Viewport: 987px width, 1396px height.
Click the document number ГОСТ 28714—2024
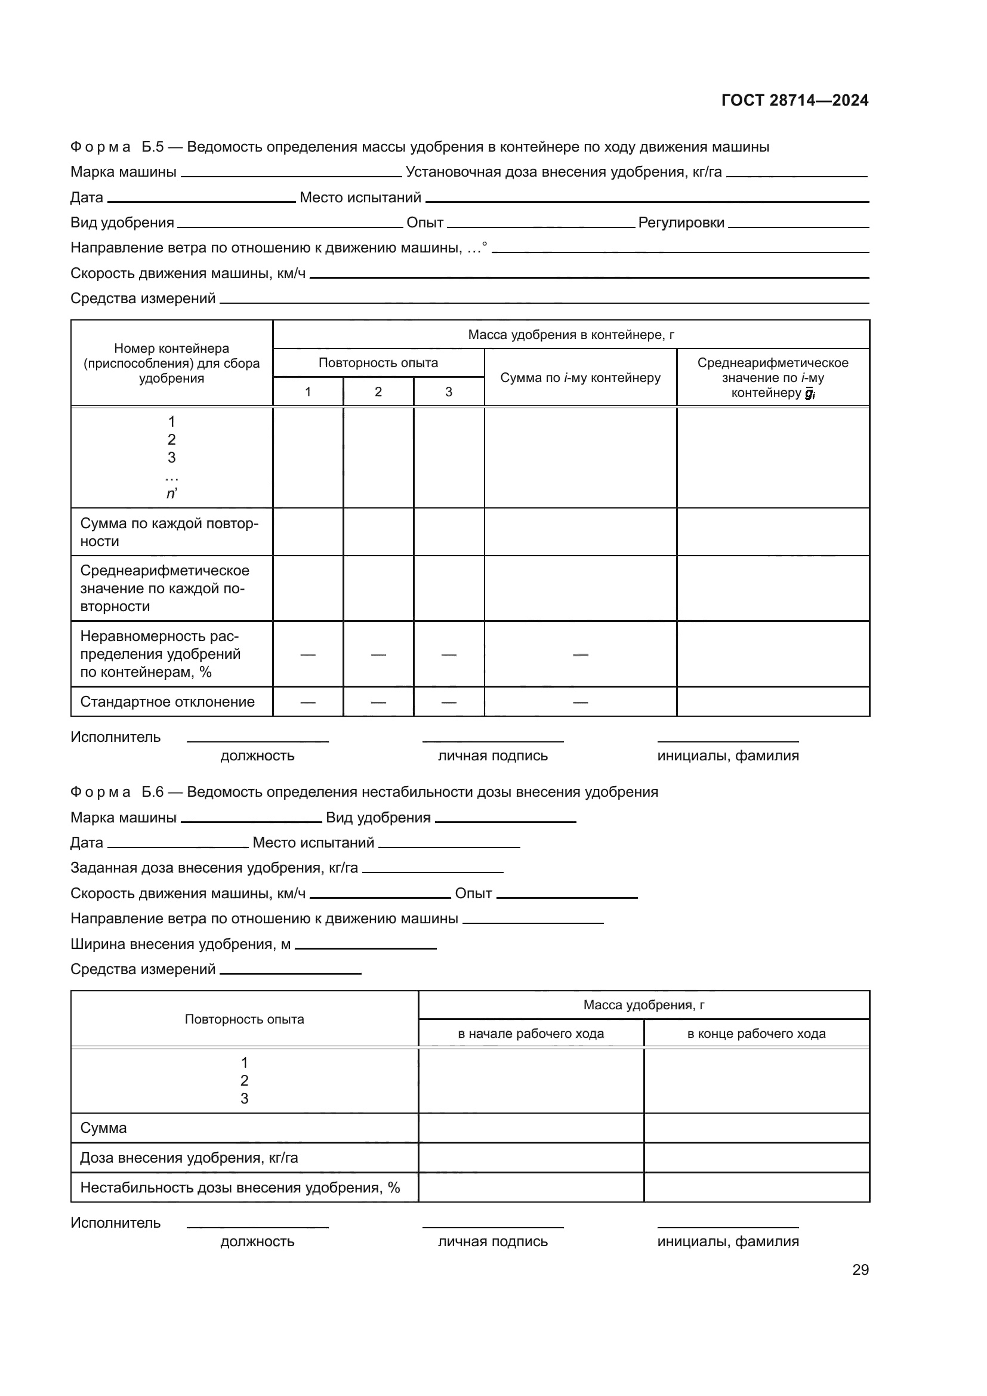click(x=794, y=100)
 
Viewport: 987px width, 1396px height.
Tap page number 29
click(x=860, y=1269)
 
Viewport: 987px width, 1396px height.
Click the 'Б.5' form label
click(x=153, y=147)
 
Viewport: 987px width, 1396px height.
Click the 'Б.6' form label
click(x=153, y=791)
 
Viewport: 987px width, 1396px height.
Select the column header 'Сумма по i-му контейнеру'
click(x=580, y=378)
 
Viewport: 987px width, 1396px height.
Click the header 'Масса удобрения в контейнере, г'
click(x=570, y=335)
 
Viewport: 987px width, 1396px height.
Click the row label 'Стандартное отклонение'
click(x=167, y=702)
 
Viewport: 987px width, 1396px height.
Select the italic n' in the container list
click(x=171, y=494)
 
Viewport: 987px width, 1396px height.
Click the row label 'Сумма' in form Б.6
click(x=103, y=1128)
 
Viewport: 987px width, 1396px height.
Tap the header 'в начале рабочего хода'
click(x=530, y=1034)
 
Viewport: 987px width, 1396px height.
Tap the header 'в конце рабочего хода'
click(x=756, y=1034)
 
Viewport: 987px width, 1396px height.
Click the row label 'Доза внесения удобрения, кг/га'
click(x=189, y=1158)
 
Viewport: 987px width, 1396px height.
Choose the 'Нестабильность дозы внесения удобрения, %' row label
click(x=240, y=1188)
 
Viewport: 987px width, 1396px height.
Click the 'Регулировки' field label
click(x=681, y=223)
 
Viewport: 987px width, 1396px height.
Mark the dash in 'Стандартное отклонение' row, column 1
click(x=307, y=702)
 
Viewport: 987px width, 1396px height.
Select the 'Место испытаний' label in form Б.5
click(x=360, y=198)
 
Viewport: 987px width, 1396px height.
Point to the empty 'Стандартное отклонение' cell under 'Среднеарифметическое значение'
click(x=772, y=702)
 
